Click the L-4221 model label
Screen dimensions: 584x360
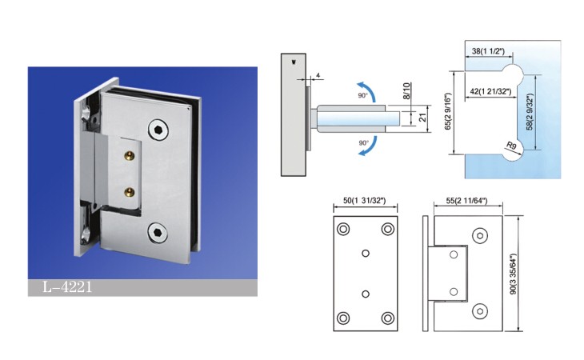coord(67,287)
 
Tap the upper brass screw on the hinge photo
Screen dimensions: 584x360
coord(130,155)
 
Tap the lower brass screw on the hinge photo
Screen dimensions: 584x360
coord(130,192)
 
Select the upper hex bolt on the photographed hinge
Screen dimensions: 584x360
coord(158,130)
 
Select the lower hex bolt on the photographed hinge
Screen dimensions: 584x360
coord(158,232)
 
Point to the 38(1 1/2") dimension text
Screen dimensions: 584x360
coord(488,51)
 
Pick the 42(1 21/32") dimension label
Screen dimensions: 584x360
coord(490,91)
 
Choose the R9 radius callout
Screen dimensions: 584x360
coord(511,146)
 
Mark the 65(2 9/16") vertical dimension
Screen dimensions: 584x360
coord(448,112)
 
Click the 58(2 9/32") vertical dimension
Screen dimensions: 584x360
coord(530,112)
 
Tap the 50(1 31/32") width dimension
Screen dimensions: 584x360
coord(364,201)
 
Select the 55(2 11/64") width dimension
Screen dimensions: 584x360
coord(466,201)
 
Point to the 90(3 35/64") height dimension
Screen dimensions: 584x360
coord(514,274)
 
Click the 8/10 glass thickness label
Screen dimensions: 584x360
coord(406,91)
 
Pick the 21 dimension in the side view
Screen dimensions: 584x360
coord(422,118)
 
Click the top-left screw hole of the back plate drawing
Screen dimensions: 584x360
coord(343,229)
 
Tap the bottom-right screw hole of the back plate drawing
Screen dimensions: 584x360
coord(388,318)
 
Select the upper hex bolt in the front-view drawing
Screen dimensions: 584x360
coord(480,236)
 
